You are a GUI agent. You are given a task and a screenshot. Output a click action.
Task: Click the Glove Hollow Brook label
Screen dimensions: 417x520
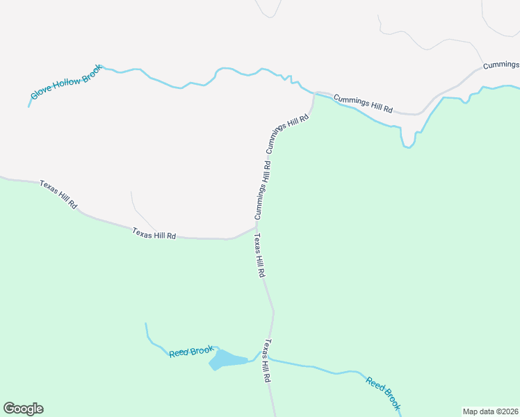66,84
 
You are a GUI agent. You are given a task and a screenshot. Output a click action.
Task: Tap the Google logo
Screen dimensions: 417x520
23,409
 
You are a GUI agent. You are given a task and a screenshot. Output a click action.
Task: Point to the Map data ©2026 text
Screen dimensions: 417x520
490,411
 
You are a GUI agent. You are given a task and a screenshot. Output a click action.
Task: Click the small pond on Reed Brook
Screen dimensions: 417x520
227,359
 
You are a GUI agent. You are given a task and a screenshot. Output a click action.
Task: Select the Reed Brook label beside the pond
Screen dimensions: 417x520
191,352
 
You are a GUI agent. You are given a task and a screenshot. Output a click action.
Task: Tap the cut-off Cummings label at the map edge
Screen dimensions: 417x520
501,65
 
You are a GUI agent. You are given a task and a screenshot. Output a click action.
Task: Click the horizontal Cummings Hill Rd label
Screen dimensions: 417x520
363,104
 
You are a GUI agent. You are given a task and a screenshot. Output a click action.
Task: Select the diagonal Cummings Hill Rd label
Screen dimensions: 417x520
286,133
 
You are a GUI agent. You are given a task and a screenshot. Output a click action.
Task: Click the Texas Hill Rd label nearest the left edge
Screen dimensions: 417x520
58,195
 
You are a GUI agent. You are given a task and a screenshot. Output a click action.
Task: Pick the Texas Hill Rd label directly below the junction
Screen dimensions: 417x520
259,255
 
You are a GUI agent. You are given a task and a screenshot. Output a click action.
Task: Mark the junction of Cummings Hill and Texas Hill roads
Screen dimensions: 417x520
257,225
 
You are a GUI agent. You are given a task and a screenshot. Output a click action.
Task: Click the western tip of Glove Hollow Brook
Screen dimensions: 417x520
29,106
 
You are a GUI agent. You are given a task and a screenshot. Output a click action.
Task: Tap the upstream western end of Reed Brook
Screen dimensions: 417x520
145,324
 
